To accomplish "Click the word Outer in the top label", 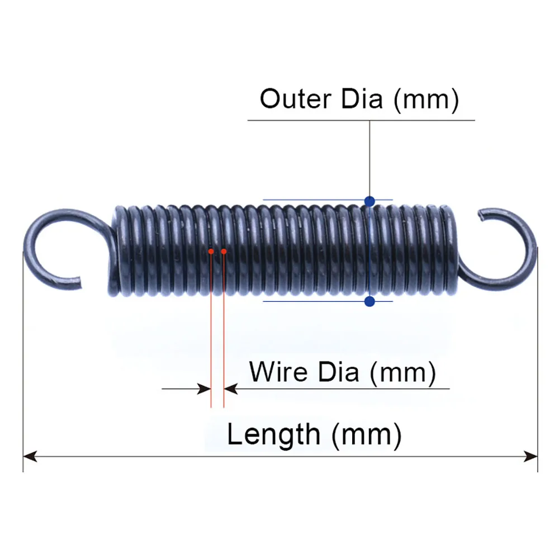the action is (x=295, y=99).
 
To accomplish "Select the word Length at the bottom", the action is (x=273, y=434).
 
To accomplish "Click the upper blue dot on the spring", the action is (x=369, y=200).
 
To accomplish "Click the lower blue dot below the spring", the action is (x=369, y=302).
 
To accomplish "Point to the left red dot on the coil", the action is (x=211, y=252).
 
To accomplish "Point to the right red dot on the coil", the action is (x=224, y=252).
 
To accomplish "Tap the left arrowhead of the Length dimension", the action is (x=29, y=457).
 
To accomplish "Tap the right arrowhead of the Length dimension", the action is (x=531, y=457).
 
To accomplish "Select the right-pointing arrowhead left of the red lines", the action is (x=205, y=389).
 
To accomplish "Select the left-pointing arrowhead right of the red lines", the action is (x=230, y=389).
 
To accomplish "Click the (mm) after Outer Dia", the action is (x=426, y=100).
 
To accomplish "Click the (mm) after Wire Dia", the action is (x=402, y=372).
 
